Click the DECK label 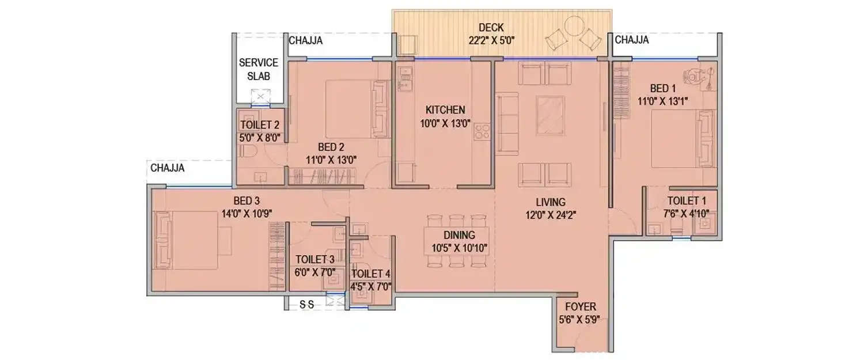(491, 27)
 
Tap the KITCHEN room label (445, 109)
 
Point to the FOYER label (580, 306)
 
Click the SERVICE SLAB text (259, 69)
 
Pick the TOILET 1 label (687, 201)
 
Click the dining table (457, 240)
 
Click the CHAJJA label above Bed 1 (632, 40)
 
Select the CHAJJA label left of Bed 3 (167, 168)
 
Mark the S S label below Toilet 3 (306, 305)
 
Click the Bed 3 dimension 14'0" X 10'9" (247, 213)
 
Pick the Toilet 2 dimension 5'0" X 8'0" (260, 138)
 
